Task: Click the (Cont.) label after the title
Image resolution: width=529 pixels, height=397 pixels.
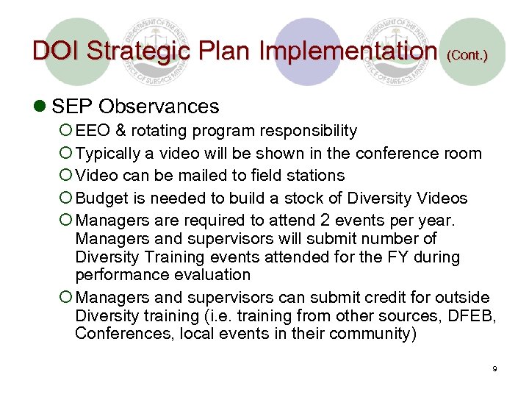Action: point(467,55)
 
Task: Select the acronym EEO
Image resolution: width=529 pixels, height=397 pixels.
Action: point(92,131)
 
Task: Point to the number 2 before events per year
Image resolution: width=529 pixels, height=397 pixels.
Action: point(324,221)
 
